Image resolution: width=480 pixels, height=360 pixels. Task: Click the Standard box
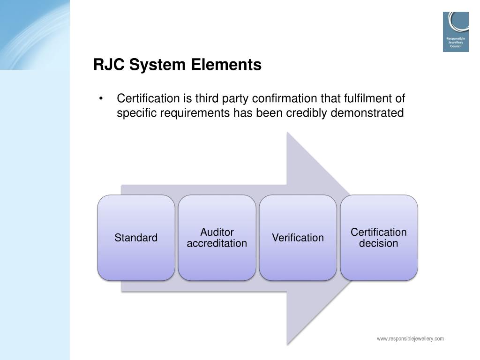pos(136,238)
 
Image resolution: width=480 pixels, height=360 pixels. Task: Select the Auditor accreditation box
pos(217,238)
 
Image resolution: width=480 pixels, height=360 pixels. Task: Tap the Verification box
pos(298,238)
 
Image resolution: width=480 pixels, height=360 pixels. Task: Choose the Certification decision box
pos(379,238)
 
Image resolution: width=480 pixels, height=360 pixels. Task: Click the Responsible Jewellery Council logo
pos(456,31)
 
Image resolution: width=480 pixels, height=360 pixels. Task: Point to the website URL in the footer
pos(410,338)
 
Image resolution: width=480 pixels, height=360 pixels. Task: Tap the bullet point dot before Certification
pos(101,99)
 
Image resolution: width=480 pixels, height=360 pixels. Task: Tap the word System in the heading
pos(158,65)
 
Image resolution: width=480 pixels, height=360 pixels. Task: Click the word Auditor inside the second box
pos(217,232)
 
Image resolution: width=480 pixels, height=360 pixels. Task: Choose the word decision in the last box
pos(379,243)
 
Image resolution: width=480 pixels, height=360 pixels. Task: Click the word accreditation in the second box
pos(217,243)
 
